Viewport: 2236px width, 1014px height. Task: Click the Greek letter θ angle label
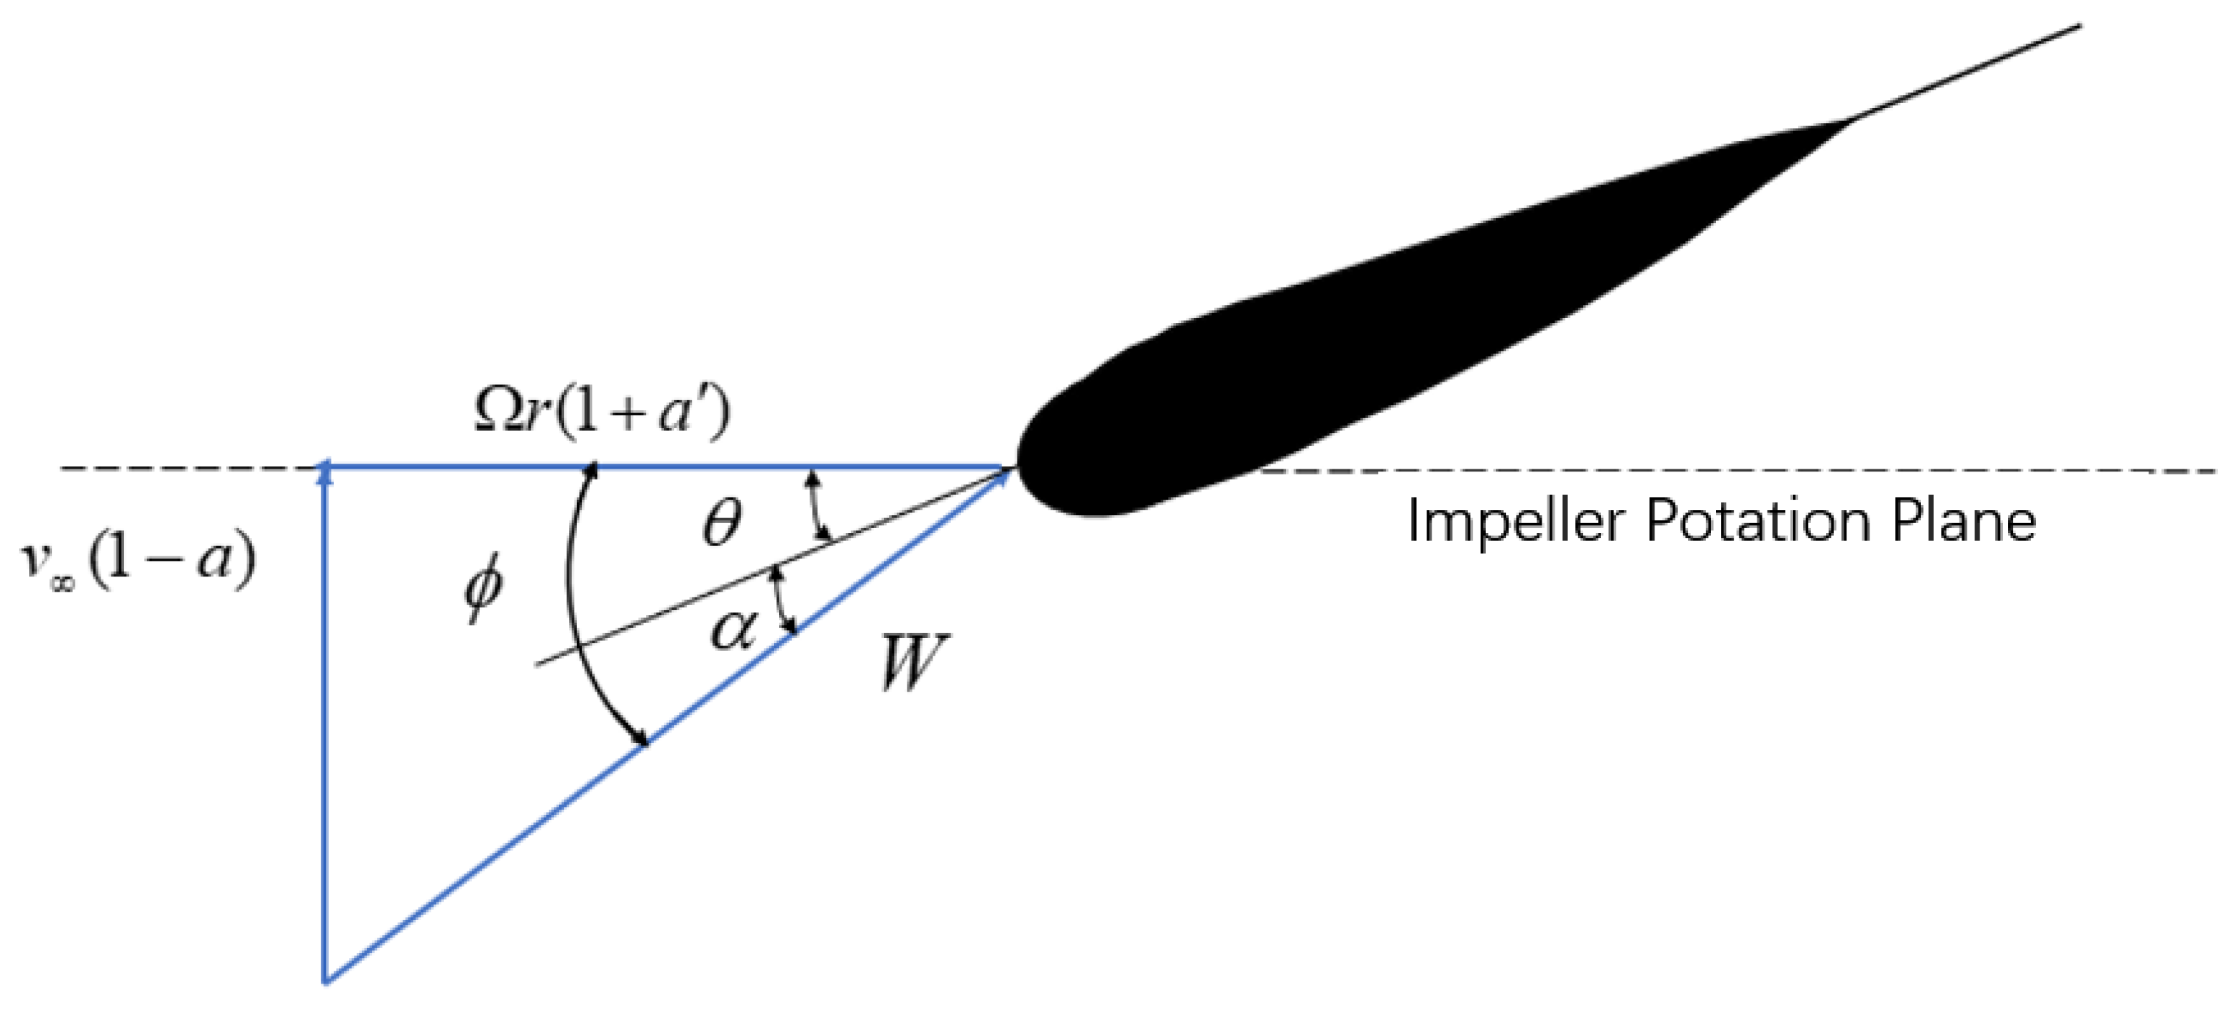coord(721,524)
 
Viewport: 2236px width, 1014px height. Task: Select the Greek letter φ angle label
coord(483,591)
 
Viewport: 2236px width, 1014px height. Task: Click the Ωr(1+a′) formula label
coord(602,414)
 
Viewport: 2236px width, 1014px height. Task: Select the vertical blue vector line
coord(326,721)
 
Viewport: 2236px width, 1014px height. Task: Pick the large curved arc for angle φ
coord(573,608)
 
